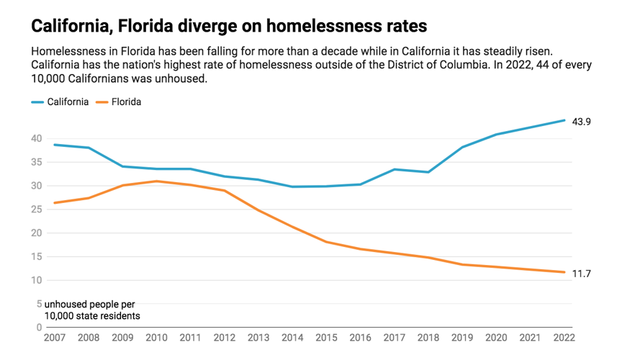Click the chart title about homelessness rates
tap(229, 27)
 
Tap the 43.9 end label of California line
tap(581, 122)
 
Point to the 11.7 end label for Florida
tap(581, 274)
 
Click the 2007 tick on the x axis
tap(54, 336)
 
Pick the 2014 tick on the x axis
tap(292, 336)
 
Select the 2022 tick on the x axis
tap(564, 336)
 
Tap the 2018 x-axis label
tap(428, 336)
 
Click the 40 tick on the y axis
tap(37, 138)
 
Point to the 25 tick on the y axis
tap(37, 210)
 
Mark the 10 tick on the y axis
tap(37, 280)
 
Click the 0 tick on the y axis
tap(40, 328)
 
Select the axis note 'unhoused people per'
tap(89, 305)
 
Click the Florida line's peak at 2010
tap(156, 181)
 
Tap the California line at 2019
tap(462, 147)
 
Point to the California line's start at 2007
tap(54, 145)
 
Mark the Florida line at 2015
tap(326, 241)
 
